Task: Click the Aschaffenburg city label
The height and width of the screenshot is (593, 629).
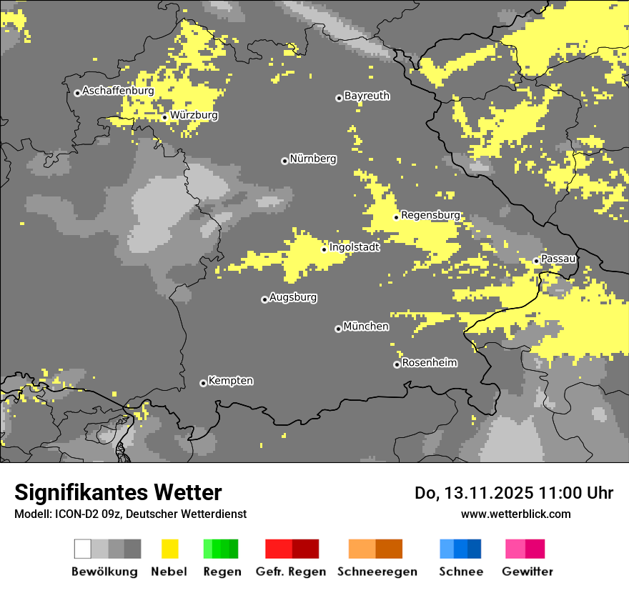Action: (118, 91)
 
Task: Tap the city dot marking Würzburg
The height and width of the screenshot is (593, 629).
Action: (164, 117)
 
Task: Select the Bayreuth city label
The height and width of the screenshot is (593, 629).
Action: (367, 96)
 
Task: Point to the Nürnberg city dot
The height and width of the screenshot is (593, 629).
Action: (284, 161)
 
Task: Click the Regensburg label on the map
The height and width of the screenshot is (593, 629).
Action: (430, 215)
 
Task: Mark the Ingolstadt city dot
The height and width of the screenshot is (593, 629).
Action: (324, 249)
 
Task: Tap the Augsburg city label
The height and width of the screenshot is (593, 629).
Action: (293, 297)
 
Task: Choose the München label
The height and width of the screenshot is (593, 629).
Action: (366, 327)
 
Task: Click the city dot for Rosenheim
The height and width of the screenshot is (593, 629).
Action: (397, 364)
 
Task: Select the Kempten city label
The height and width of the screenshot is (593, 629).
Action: (230, 381)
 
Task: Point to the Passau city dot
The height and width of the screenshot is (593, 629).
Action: (536, 261)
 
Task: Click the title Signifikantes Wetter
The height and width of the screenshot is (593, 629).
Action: (118, 493)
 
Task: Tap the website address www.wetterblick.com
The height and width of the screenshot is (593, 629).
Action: (515, 514)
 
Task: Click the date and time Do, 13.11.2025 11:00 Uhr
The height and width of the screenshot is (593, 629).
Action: (513, 493)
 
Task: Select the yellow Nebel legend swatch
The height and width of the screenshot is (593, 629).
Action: (169, 549)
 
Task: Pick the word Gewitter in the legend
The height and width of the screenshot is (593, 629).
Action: (527, 572)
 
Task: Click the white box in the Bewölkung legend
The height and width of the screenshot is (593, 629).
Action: (83, 549)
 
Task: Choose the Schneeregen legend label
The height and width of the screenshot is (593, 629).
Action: (377, 572)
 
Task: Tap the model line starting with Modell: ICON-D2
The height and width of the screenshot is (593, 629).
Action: (130, 514)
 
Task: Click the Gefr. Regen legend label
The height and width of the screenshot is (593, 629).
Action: (290, 572)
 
